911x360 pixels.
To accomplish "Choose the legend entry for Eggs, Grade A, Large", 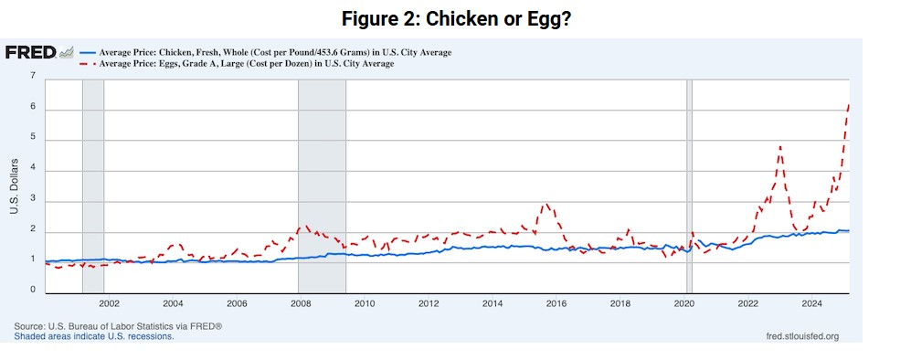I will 247,64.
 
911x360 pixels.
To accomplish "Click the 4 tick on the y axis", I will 32,169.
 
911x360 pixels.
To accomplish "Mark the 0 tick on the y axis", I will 32,291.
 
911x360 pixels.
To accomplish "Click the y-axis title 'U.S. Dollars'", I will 15,187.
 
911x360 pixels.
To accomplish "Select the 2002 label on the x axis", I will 109,303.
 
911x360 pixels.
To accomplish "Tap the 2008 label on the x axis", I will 301,303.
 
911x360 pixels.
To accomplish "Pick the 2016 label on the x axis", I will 556,303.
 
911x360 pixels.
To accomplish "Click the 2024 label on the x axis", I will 812,303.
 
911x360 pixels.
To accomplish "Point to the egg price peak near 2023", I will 779,146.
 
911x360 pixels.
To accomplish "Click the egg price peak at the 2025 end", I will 848,105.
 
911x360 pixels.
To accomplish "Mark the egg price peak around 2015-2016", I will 546,204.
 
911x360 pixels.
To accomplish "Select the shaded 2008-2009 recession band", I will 322,183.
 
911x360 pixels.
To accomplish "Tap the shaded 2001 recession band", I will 92,183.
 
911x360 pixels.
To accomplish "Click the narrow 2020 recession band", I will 689,183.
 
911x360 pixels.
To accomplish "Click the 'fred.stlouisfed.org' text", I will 801,336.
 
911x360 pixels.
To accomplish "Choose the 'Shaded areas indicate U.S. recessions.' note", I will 93,336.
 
